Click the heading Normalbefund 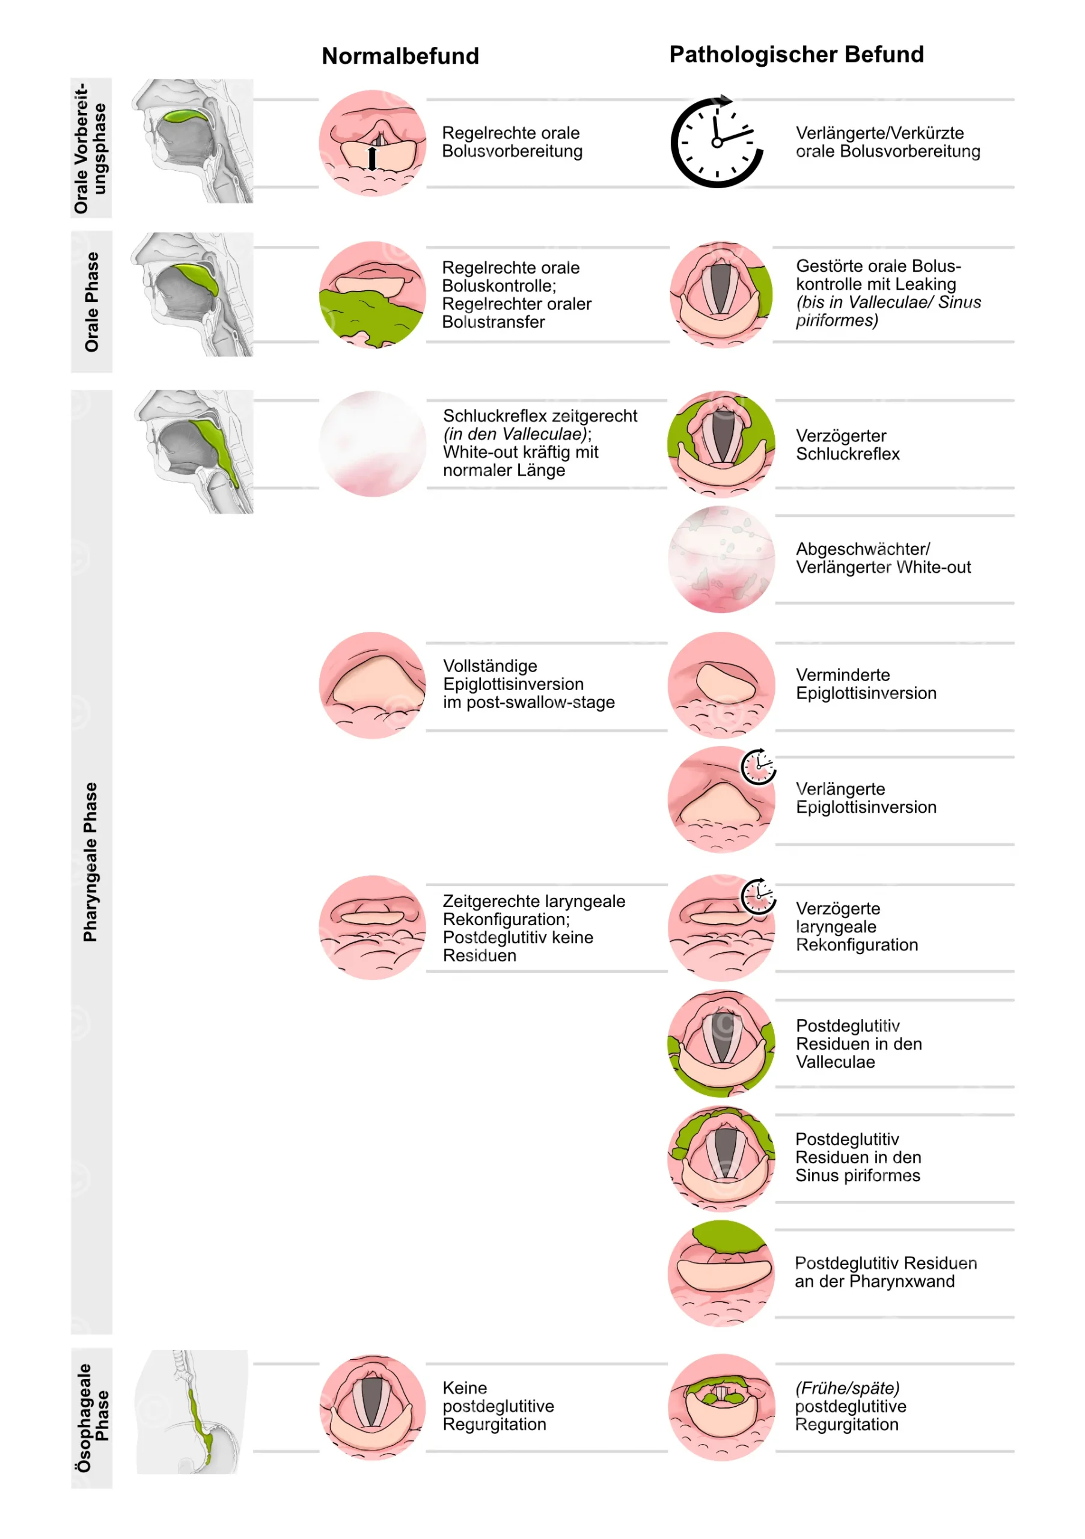400,56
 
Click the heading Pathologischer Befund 796,54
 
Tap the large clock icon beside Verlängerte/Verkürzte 717,142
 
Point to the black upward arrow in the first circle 372,158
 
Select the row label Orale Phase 92,302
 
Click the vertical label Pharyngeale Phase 90,861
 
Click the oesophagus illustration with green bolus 192,1412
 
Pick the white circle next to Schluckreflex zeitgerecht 373,444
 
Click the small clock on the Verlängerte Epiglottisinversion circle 758,766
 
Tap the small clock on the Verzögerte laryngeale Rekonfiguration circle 758,896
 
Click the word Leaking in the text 926,284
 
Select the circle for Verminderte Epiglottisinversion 721,685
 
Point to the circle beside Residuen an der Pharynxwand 721,1273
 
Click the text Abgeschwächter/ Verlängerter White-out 883,558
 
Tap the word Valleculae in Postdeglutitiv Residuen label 835,1062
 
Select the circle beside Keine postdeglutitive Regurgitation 373,1407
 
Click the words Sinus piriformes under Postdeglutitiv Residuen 857,1175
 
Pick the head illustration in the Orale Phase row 192,294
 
